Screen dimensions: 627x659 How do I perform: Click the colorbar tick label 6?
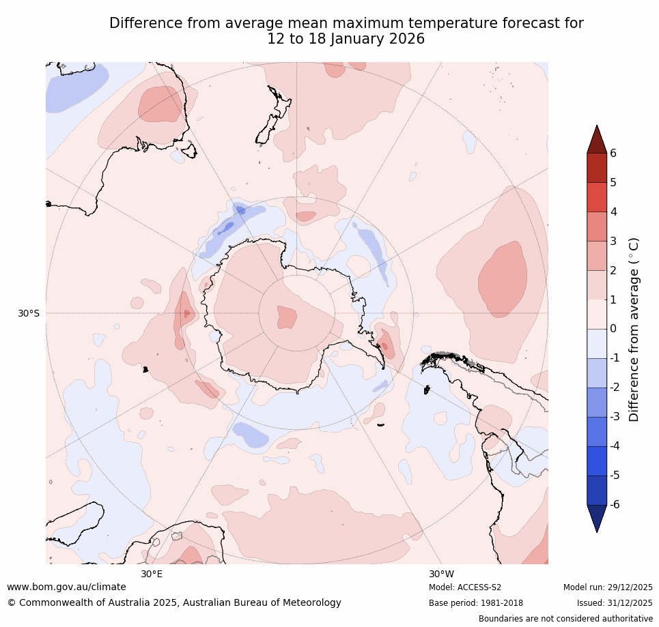point(613,153)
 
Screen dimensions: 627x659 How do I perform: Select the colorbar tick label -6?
point(615,504)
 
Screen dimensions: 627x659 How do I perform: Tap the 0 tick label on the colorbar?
point(613,329)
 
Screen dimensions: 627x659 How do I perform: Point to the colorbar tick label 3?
point(613,241)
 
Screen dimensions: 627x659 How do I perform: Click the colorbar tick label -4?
point(615,446)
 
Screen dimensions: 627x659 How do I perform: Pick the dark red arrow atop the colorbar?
point(597,139)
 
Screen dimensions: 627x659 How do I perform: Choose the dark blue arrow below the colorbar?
point(597,518)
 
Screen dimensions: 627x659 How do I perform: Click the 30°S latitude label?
point(29,314)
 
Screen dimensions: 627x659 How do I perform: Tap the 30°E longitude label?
point(152,574)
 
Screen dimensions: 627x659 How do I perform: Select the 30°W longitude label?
point(441,574)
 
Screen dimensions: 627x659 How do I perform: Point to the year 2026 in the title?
point(407,39)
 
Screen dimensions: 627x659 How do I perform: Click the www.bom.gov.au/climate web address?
point(66,587)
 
